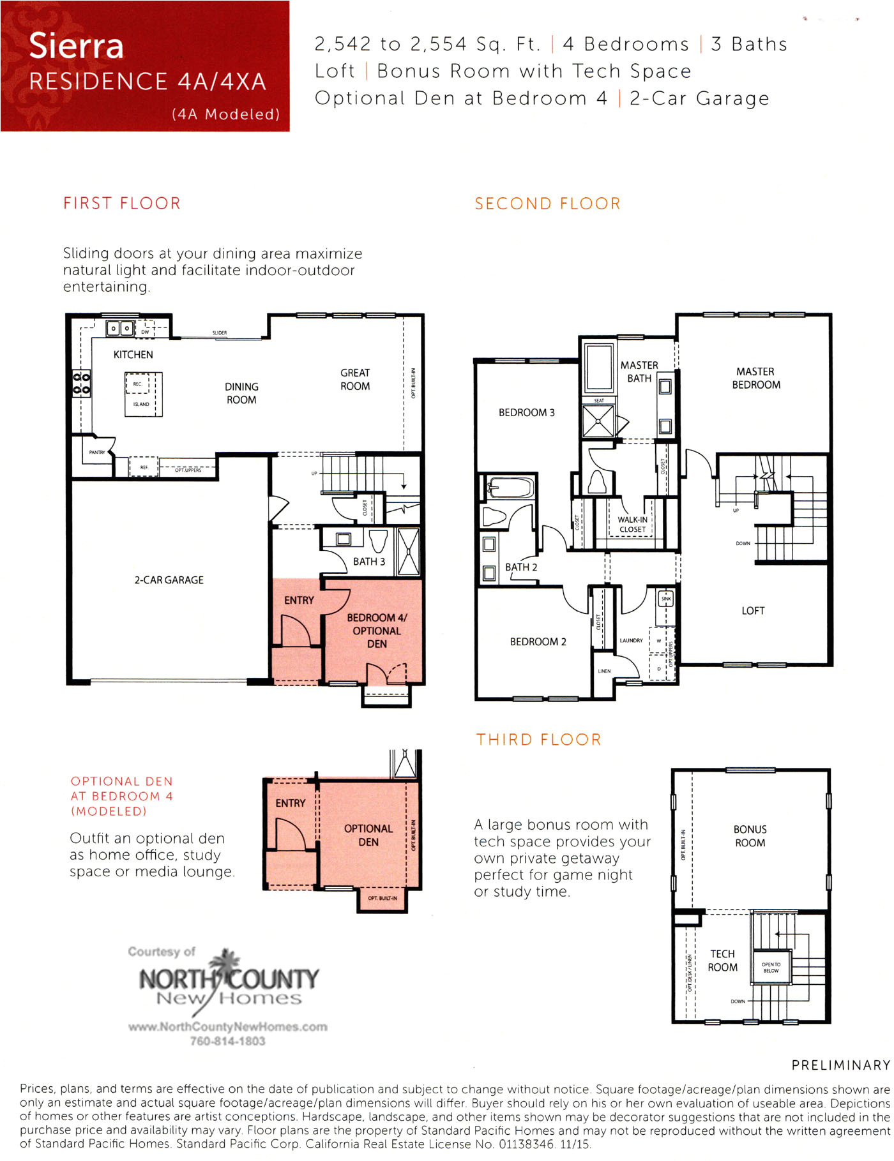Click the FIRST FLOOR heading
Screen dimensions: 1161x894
coord(122,203)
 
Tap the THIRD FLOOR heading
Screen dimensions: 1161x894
coord(538,739)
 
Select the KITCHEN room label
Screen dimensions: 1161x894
coord(133,354)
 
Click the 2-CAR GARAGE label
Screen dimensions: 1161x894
coord(169,580)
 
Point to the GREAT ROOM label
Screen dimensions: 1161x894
coord(355,379)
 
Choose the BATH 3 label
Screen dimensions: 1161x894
coord(369,562)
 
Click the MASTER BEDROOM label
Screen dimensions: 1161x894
coord(756,378)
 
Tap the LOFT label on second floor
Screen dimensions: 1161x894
coord(753,611)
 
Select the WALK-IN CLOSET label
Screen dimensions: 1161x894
coord(632,524)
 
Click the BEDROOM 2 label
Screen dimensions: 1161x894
coord(538,641)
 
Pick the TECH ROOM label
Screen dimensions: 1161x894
coord(722,961)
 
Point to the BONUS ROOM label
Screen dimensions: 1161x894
coord(750,836)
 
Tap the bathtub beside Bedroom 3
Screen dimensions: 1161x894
coord(510,489)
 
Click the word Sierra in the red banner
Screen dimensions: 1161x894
coord(76,46)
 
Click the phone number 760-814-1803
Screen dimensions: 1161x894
coord(227,1041)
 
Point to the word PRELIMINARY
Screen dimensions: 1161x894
coord(840,1065)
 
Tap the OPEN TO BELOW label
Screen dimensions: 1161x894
coord(771,968)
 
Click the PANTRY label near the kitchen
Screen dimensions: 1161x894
coord(97,452)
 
